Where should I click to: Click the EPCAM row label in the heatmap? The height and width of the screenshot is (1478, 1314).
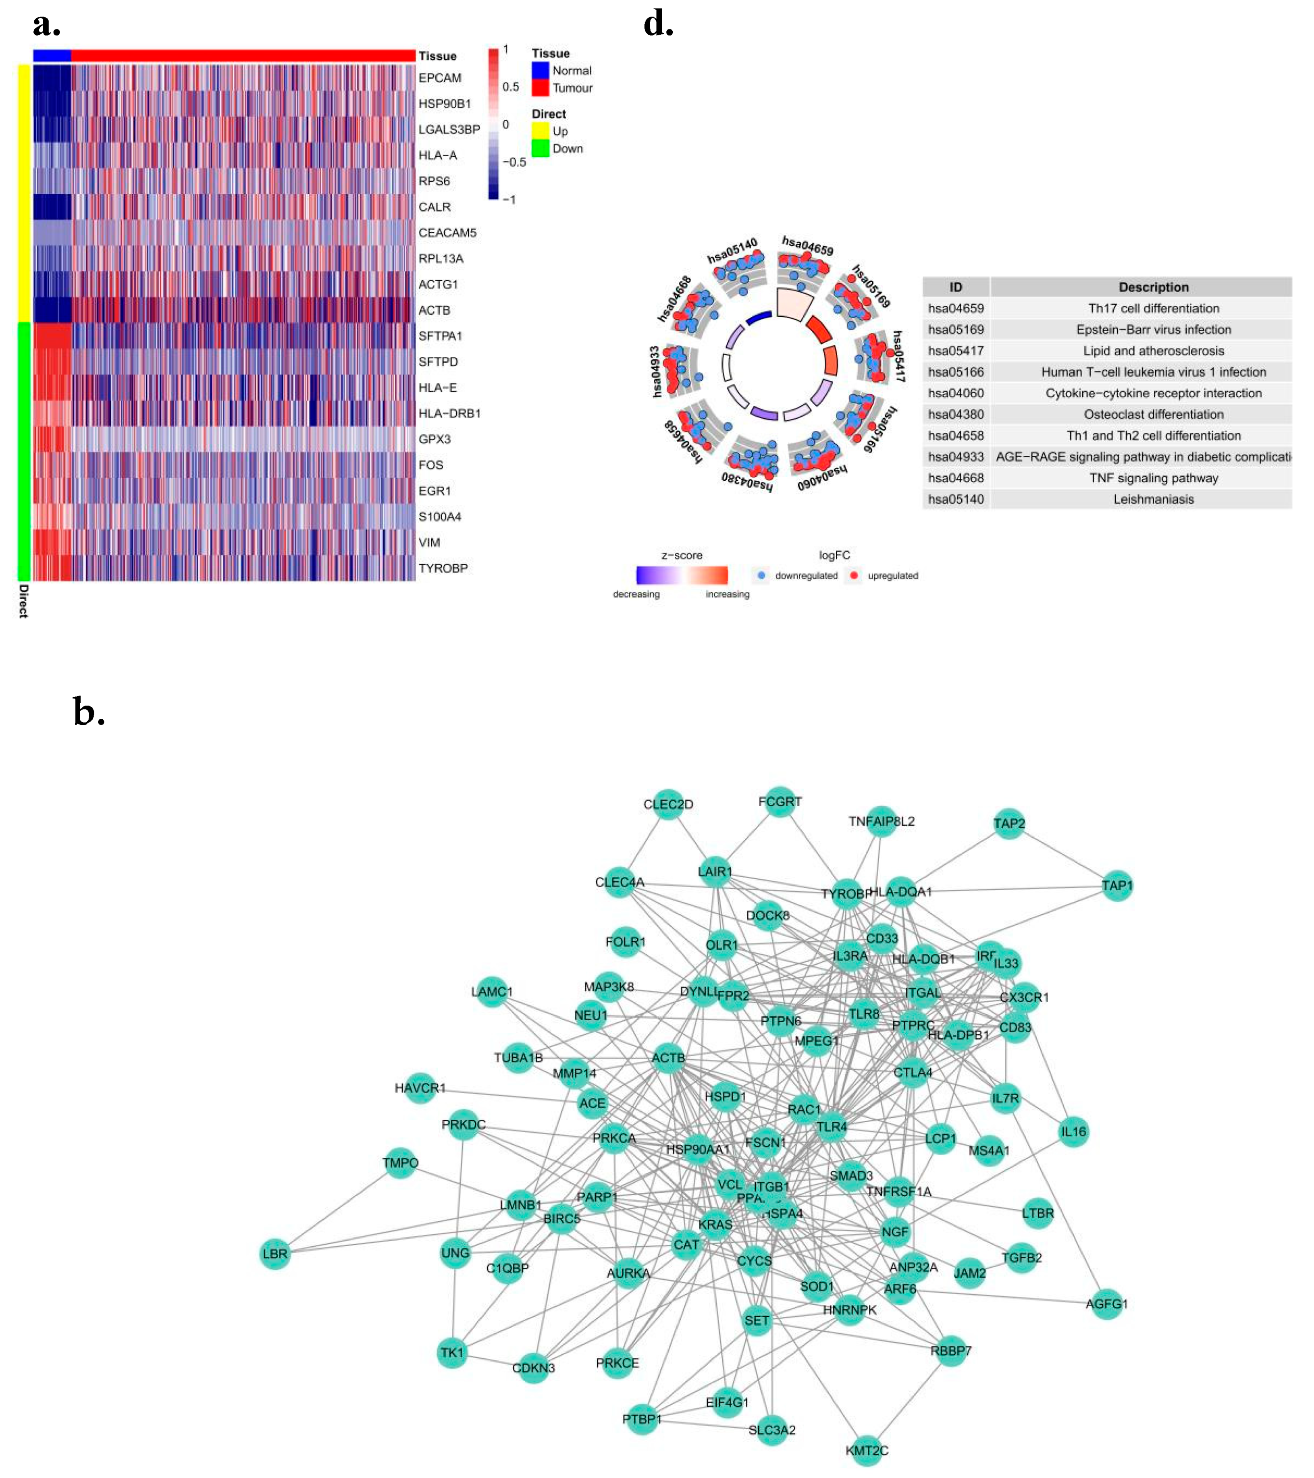pos(440,78)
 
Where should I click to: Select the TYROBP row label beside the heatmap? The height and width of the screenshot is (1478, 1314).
pos(443,568)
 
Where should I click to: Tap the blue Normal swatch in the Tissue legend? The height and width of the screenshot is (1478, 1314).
pos(540,70)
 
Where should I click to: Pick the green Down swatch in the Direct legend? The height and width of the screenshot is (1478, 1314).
pos(540,148)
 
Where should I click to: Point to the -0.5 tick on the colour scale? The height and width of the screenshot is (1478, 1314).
pos(514,162)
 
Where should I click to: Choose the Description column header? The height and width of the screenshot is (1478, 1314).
pos(1154,287)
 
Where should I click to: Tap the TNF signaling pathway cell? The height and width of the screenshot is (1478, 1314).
pos(1154,478)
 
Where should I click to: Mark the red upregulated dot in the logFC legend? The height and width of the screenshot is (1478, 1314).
pos(854,575)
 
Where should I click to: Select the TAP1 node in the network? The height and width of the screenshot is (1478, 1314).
pos(1116,886)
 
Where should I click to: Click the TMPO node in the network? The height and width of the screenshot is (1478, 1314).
pos(401,1163)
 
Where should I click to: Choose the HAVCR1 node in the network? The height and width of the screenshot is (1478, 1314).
pos(420,1088)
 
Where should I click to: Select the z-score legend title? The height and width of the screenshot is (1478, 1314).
pos(681,555)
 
